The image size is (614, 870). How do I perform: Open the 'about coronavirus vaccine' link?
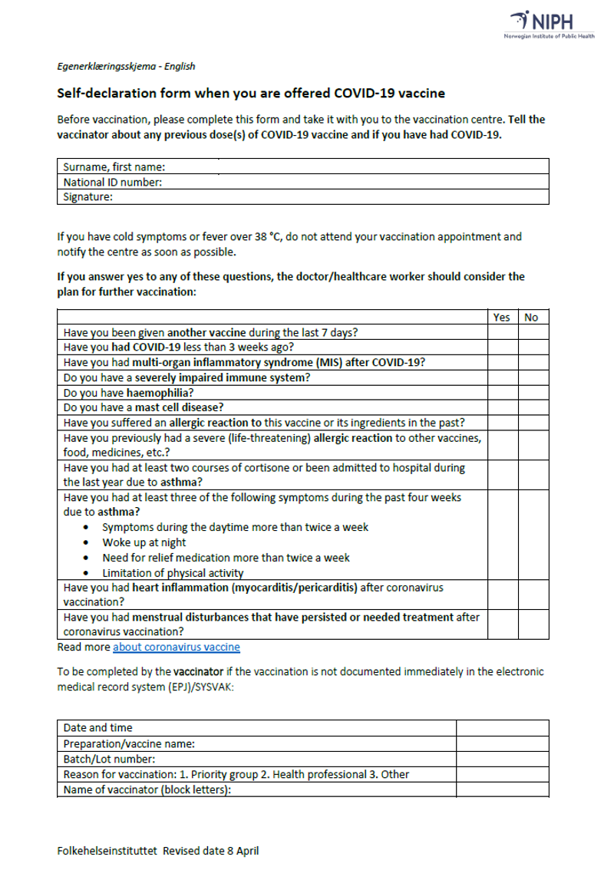[x=177, y=647]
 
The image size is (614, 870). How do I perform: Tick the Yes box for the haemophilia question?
[x=501, y=392]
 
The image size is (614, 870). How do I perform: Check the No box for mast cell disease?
[x=531, y=407]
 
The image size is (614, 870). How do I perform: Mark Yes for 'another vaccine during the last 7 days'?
[x=501, y=333]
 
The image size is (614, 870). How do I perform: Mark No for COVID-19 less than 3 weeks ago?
[x=531, y=348]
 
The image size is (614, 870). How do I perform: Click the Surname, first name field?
[x=345, y=166]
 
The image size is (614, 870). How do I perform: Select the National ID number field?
[x=345, y=182]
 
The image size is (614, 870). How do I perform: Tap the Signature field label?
[x=88, y=197]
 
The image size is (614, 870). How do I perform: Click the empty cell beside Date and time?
[x=503, y=727]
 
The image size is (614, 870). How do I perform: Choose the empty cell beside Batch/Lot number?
[x=503, y=759]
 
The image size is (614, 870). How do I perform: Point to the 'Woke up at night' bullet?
[x=144, y=542]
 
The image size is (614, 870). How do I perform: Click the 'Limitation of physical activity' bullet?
[x=173, y=573]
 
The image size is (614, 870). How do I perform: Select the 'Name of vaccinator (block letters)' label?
[x=147, y=789]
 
